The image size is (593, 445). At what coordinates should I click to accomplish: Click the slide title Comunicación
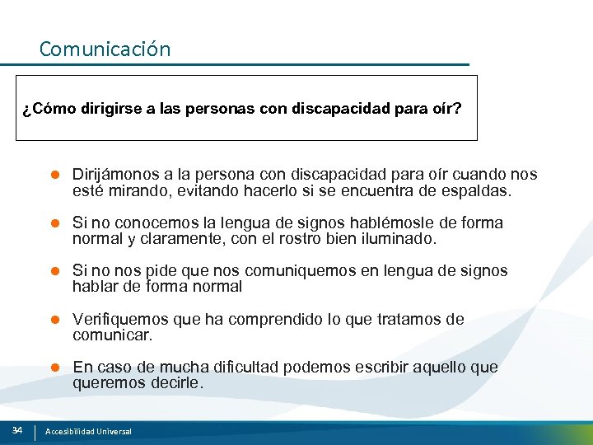[105, 49]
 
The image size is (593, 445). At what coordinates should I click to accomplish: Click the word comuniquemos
[329, 271]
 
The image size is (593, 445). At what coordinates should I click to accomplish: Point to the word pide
[155, 271]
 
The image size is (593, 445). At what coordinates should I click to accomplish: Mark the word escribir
[385, 368]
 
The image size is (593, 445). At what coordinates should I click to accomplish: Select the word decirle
[177, 383]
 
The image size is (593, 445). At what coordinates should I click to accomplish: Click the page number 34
[17, 430]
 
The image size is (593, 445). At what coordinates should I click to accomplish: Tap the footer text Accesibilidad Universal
[88, 431]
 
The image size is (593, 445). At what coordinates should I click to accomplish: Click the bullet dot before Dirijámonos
[56, 175]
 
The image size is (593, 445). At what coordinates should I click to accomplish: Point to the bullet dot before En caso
[56, 368]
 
